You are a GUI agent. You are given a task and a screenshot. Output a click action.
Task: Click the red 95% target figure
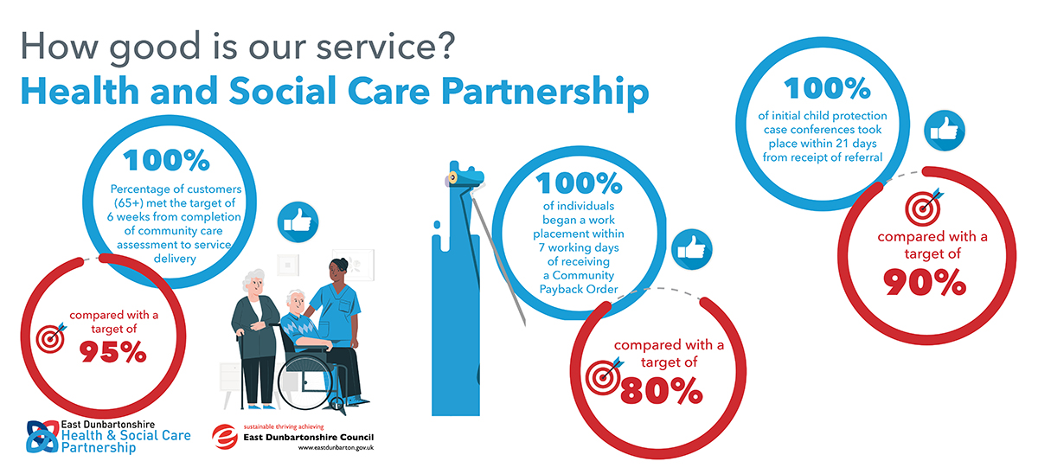click(x=112, y=352)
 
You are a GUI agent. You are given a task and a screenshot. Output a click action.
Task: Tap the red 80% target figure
click(x=661, y=391)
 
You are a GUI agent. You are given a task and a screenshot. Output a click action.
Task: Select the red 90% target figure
click(x=925, y=282)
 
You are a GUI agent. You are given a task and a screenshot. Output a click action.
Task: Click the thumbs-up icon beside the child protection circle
click(x=945, y=131)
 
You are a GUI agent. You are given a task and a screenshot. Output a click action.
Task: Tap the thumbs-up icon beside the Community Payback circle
click(x=692, y=249)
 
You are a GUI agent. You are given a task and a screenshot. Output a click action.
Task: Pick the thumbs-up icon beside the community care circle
click(x=298, y=222)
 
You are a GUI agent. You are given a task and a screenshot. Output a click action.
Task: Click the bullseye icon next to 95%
click(x=51, y=338)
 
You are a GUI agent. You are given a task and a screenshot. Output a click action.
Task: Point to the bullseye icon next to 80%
click(x=604, y=376)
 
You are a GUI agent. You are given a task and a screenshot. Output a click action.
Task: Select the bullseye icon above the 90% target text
click(x=924, y=207)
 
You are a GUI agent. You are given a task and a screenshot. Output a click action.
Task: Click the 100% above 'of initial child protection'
click(x=827, y=88)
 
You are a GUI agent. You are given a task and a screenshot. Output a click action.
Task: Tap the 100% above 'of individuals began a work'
click(x=579, y=183)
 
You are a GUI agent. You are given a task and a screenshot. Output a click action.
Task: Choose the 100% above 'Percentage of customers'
click(x=166, y=160)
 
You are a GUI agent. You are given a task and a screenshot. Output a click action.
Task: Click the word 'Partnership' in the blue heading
click(x=545, y=93)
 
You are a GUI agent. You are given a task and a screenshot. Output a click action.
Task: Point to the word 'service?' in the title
click(x=386, y=47)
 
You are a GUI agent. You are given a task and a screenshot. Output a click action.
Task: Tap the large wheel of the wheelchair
click(x=305, y=383)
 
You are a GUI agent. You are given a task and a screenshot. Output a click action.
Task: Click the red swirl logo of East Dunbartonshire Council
click(x=225, y=437)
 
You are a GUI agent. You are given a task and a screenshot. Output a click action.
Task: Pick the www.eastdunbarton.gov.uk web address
click(x=336, y=448)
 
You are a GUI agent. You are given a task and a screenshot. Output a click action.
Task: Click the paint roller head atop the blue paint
click(x=465, y=177)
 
